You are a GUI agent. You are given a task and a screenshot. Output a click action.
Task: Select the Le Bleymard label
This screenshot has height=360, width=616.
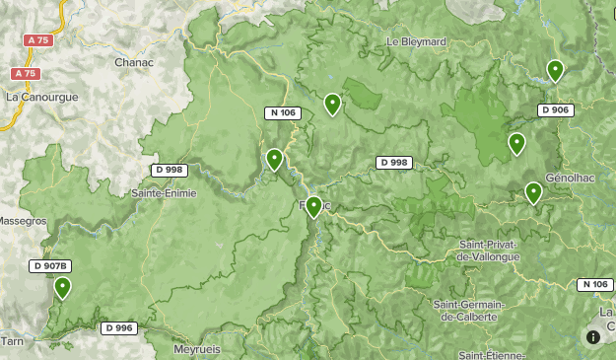tap(416, 42)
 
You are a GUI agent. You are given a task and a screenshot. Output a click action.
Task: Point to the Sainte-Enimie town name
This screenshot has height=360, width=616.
tap(164, 193)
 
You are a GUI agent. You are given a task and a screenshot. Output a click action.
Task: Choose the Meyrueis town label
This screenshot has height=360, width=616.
tap(195, 349)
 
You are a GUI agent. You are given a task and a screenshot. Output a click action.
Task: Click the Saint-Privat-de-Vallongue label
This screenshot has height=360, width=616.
tap(489, 250)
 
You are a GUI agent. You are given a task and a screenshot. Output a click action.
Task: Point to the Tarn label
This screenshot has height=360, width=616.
tap(12, 340)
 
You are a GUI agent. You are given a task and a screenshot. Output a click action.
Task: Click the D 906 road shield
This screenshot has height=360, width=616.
tap(556, 109)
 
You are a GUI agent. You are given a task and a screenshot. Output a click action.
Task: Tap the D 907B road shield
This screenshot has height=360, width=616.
tap(49, 265)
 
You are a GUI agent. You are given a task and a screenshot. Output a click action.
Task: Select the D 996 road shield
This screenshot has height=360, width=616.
tap(118, 327)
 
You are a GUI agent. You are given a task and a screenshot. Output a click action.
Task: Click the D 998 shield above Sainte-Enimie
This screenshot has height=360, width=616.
tap(170, 170)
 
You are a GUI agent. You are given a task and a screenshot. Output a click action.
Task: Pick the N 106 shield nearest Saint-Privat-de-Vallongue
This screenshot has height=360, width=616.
tap(594, 284)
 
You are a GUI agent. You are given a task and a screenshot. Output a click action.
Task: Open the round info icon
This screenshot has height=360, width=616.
tap(593, 336)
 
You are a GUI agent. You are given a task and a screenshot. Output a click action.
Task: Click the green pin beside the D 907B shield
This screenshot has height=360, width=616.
tap(62, 287)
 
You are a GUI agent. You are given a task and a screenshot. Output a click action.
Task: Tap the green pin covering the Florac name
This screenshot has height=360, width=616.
tap(313, 205)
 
